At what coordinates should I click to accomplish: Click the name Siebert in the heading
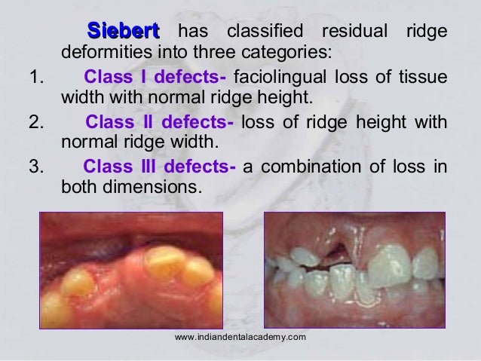point(123,32)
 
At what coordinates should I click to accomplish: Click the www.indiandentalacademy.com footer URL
point(240,336)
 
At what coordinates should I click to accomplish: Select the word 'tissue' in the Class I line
point(424,78)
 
